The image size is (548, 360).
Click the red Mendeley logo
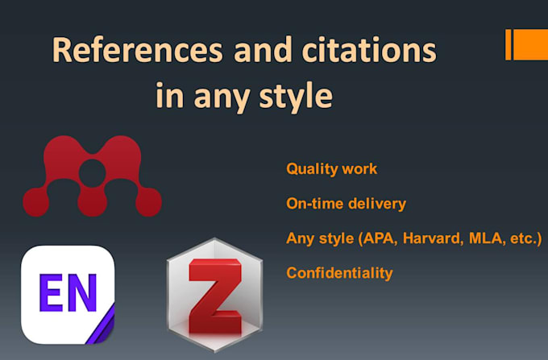click(x=92, y=176)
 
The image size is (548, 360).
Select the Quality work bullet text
click(x=331, y=169)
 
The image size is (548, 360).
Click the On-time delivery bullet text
click(x=346, y=204)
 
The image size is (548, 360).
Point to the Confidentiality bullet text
click(x=339, y=273)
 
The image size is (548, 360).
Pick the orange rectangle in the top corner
click(x=529, y=44)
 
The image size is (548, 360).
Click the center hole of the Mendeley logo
click(x=93, y=171)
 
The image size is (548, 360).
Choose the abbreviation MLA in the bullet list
click(x=473, y=238)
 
